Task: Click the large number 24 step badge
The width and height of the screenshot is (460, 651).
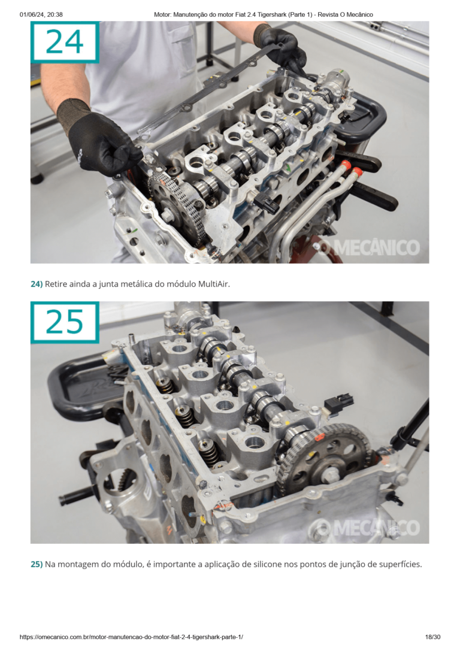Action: point(65,42)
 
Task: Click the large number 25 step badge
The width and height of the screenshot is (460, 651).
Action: point(65,322)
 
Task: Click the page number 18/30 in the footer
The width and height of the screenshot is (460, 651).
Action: point(432,637)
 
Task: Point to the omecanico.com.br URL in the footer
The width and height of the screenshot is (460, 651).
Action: point(131,637)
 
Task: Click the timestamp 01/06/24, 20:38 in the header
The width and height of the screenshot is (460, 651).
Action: point(41,14)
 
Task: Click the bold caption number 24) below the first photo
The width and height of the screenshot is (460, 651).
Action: point(37,284)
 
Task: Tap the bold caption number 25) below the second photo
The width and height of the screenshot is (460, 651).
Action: point(37,564)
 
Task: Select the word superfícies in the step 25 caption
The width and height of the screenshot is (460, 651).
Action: point(401,564)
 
